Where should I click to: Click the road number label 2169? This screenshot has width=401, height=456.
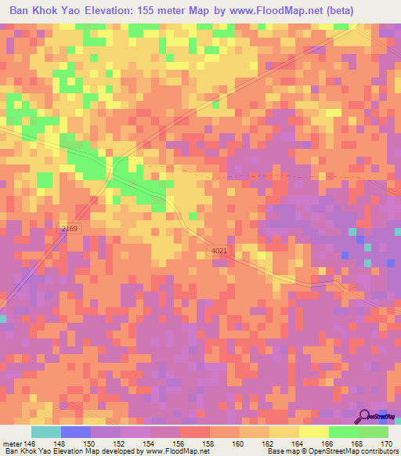(x=70, y=228)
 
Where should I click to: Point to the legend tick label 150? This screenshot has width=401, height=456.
(x=90, y=443)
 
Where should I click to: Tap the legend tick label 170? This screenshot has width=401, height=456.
(x=386, y=443)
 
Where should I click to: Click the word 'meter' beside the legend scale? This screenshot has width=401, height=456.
(x=11, y=443)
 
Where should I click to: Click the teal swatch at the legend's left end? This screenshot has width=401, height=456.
(x=45, y=432)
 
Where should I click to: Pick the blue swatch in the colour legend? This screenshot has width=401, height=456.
(x=75, y=432)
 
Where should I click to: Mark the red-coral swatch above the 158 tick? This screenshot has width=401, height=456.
(x=194, y=432)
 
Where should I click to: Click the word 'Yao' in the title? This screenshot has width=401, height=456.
(x=66, y=11)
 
